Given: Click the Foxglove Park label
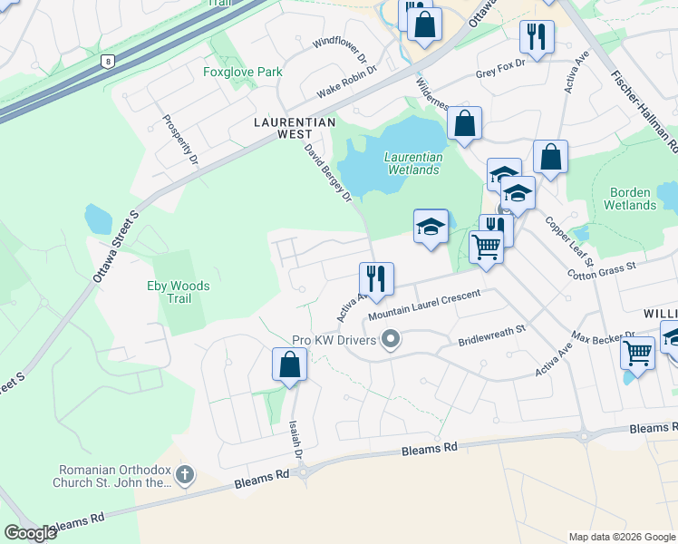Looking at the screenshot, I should coord(243,73).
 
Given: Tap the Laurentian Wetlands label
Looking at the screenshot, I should coord(414,163).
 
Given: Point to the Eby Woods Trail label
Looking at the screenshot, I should coord(179,292).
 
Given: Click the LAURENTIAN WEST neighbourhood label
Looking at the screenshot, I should coord(295,127).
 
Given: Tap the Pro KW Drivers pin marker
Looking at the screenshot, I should coord(392,340).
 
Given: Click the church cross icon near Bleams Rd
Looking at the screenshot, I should coord(184,473).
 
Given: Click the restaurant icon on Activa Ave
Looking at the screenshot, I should coord(375,277).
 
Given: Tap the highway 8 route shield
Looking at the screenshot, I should coord(109,62).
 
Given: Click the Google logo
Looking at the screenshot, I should coord(31,533).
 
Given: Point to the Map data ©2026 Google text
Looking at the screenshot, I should coord(621,537).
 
